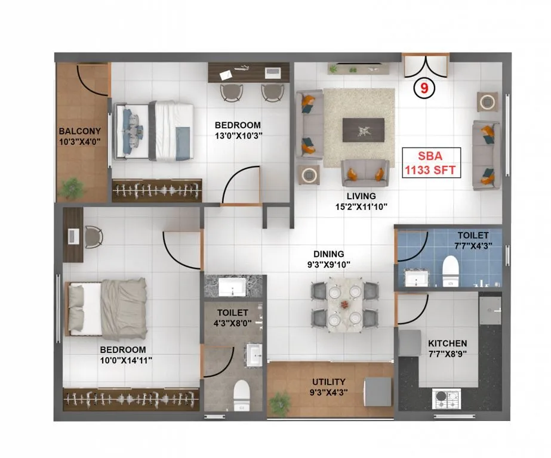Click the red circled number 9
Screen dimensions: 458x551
(x=424, y=88)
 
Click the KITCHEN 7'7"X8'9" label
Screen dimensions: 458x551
(x=447, y=349)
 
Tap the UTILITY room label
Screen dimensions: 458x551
(x=329, y=386)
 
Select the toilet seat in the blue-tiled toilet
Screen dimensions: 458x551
(x=450, y=269)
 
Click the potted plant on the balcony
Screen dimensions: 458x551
(x=73, y=187)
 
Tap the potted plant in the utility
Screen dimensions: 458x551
(x=279, y=404)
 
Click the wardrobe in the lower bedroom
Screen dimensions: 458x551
(x=131, y=399)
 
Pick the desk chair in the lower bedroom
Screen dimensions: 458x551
(x=93, y=236)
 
